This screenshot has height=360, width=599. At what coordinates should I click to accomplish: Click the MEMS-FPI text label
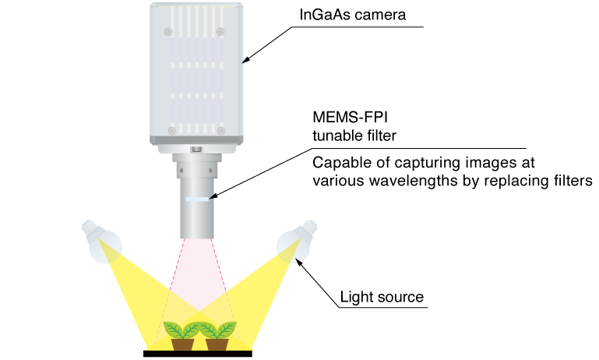[350, 118]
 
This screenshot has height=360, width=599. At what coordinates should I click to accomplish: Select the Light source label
[382, 297]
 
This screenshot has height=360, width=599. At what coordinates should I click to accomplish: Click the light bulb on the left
[101, 241]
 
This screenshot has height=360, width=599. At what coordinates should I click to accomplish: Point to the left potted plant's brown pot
[182, 344]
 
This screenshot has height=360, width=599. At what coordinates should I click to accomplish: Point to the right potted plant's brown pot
[217, 344]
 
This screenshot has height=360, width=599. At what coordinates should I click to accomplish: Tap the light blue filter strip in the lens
[197, 199]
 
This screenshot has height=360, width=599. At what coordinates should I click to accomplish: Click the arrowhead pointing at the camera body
[246, 60]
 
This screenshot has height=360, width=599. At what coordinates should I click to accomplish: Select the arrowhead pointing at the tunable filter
[213, 196]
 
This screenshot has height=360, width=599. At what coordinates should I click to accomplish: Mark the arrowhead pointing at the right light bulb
[298, 262]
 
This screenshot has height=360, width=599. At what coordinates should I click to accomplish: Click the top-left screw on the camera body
[168, 31]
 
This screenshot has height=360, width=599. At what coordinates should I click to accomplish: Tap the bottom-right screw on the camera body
[220, 131]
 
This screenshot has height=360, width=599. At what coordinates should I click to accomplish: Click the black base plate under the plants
[198, 354]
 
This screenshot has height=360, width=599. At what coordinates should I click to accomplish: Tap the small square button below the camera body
[196, 149]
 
